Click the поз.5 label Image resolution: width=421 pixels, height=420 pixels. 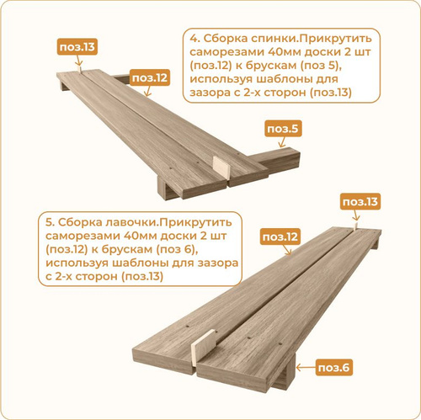(283, 129)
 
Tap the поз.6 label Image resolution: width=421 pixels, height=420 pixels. (333, 367)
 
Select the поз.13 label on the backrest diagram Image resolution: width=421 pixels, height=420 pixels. (77, 46)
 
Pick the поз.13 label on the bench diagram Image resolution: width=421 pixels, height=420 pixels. (360, 201)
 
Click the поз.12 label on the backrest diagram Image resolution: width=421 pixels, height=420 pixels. (150, 77)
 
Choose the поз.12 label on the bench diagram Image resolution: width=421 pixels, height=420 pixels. (280, 237)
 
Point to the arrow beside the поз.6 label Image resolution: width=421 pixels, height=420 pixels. (306, 367)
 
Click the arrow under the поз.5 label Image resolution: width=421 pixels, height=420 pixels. (281, 142)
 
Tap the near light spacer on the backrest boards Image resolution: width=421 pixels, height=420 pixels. (221, 167)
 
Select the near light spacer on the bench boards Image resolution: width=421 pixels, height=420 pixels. (204, 347)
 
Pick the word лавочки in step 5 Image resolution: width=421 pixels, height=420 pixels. (128, 222)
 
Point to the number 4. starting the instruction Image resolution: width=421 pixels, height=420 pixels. (195, 39)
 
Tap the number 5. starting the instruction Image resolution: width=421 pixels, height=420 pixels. (50, 222)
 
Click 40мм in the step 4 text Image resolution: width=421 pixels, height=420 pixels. (285, 52)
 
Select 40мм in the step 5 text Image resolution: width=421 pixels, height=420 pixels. (140, 236)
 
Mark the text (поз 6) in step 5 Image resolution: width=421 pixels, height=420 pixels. (175, 249)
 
